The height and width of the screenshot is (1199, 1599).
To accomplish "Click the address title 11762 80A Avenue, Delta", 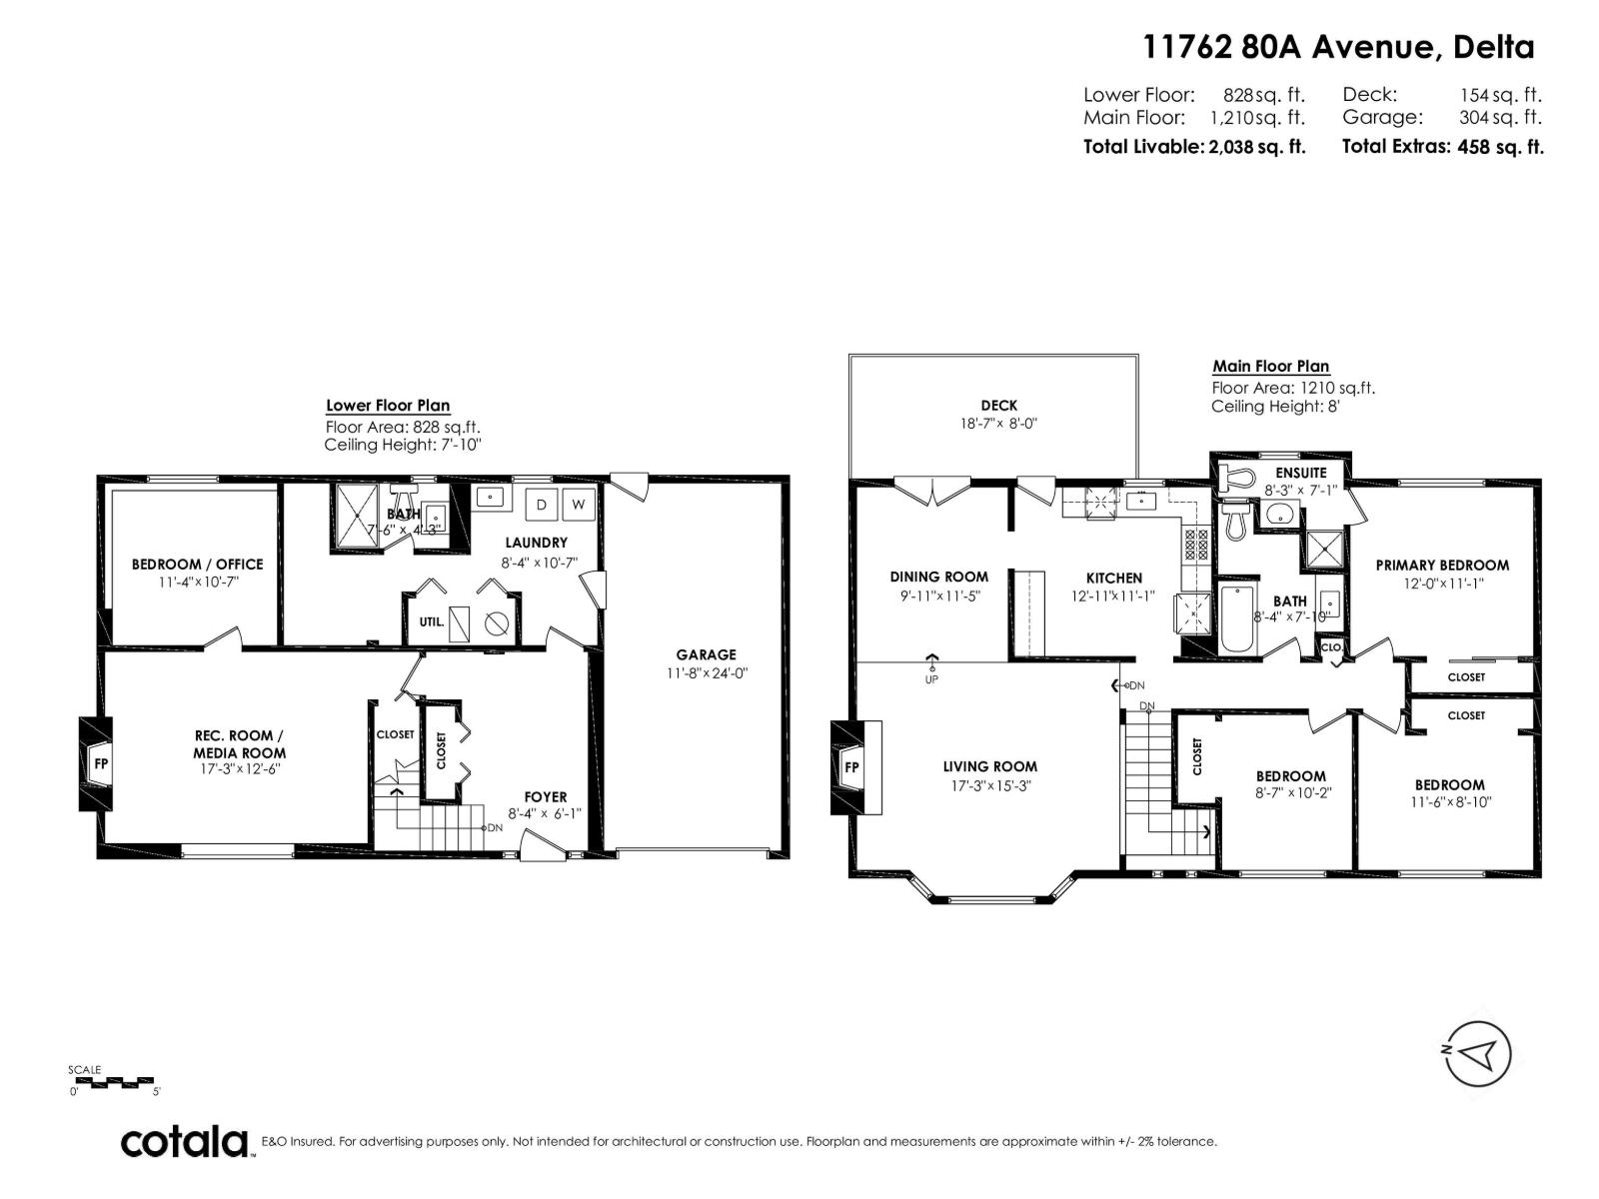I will (1338, 46).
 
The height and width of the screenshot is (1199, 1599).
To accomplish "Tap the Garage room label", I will (707, 654).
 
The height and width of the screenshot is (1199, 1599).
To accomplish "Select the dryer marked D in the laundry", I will (542, 505).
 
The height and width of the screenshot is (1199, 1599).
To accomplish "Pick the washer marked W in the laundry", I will (579, 505).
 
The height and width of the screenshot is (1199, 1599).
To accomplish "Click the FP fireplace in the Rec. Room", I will (100, 763).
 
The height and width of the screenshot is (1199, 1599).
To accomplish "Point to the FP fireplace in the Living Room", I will (851, 767).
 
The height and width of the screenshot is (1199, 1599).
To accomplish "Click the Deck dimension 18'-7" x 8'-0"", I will (998, 423).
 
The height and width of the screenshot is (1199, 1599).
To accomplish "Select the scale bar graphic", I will (113, 1082).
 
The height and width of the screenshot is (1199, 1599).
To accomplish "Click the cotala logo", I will (186, 1141).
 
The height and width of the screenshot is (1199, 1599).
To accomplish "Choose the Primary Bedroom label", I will (1442, 565).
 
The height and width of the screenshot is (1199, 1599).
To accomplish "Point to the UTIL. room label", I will (431, 621).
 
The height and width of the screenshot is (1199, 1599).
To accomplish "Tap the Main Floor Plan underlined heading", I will (1270, 366).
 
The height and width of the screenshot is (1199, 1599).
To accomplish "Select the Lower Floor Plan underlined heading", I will (388, 405).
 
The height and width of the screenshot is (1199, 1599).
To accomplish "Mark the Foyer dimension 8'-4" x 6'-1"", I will (545, 813).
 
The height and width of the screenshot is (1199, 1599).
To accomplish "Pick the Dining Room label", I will (938, 577).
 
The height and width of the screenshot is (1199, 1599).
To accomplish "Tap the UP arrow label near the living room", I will (932, 669).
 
